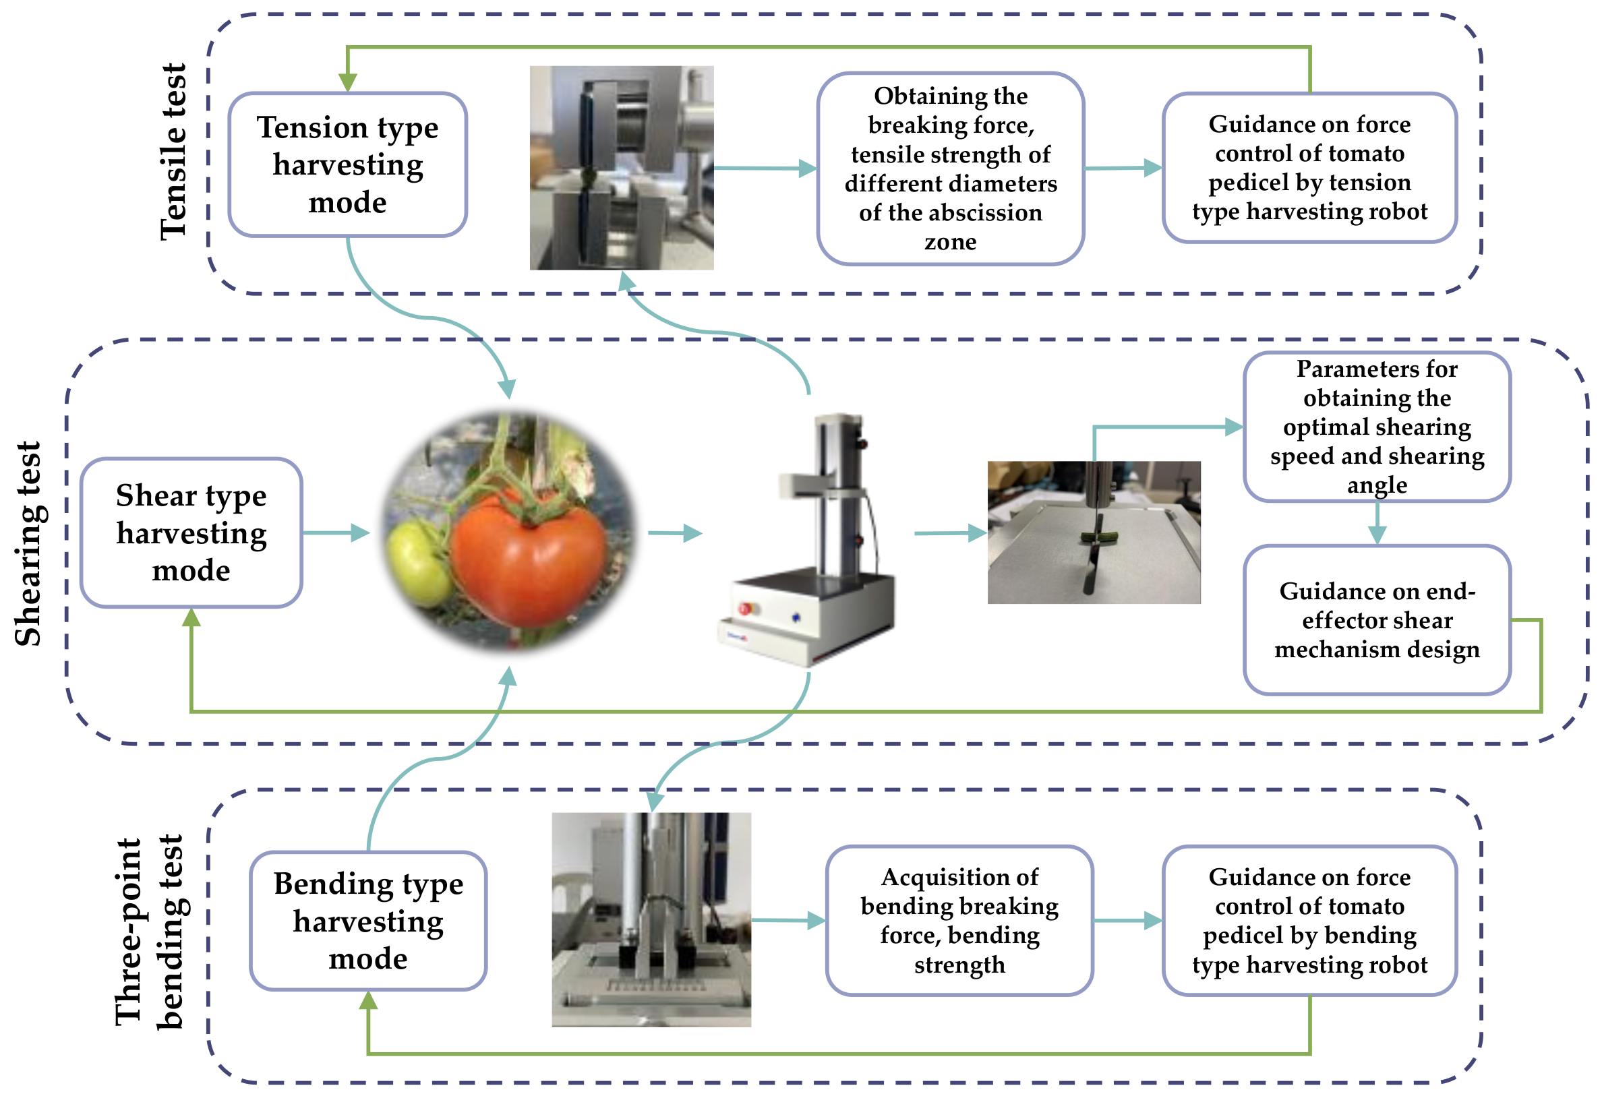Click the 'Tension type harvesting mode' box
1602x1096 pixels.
pos(347,164)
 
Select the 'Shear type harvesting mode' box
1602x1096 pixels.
pos(191,533)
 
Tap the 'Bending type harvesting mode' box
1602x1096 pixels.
pos(368,921)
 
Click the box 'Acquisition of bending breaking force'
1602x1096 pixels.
pos(959,921)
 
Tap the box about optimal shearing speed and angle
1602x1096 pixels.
pos(1377,427)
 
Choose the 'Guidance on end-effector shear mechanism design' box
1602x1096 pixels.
pos(1377,620)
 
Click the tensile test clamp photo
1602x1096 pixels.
pos(621,168)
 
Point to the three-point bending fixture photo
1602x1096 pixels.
pos(651,919)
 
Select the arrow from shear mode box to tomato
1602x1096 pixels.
pos(336,533)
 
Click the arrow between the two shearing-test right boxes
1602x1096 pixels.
pos(1377,524)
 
